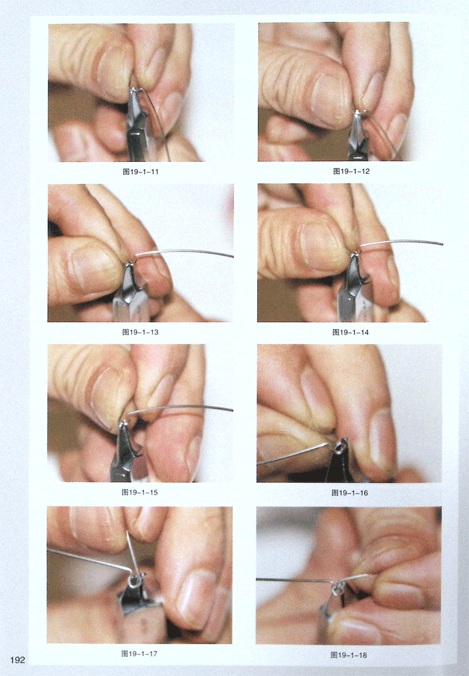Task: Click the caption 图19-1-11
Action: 141,172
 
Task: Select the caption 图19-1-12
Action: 351,171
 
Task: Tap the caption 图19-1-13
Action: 140,332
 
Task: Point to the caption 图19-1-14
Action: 351,333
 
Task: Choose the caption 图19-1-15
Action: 140,493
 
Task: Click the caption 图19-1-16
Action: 350,493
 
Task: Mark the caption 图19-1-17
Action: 139,653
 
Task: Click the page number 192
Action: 17,660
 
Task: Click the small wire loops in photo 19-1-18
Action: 336,587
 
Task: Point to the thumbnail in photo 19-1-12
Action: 329,97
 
